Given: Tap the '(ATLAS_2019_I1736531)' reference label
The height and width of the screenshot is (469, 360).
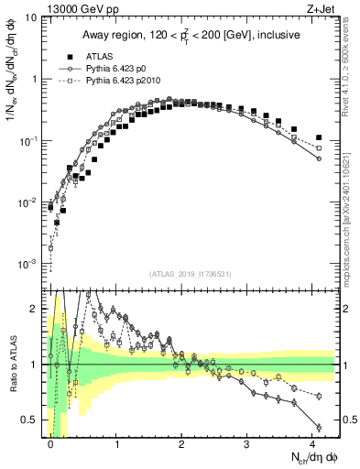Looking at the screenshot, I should [x=191, y=273].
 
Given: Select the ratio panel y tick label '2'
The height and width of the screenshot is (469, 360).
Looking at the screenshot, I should [x=36, y=309].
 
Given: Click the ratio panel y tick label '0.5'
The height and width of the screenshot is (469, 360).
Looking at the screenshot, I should [x=31, y=420].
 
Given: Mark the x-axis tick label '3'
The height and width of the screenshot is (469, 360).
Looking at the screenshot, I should [x=248, y=443].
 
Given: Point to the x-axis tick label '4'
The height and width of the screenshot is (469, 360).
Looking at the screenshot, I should [x=313, y=443].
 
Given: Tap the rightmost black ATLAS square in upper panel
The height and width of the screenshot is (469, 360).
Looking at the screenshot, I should [x=318, y=138].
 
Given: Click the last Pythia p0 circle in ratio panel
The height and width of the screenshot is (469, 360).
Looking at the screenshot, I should [x=318, y=427].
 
